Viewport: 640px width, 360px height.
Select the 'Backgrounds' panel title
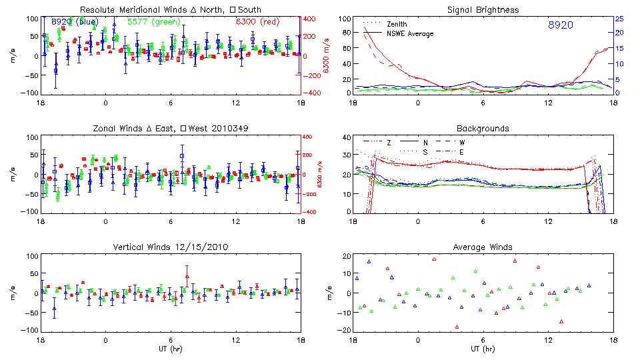tap(483, 128)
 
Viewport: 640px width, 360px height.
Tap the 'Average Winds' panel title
tap(483, 247)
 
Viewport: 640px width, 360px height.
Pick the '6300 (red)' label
tap(258, 22)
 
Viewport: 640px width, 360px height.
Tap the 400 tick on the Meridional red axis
tap(311, 19)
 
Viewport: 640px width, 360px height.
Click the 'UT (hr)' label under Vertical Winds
tap(170, 348)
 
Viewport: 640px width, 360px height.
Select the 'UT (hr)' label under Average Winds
tap(483, 348)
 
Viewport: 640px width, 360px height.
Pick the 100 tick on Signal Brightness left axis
tap(345, 19)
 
